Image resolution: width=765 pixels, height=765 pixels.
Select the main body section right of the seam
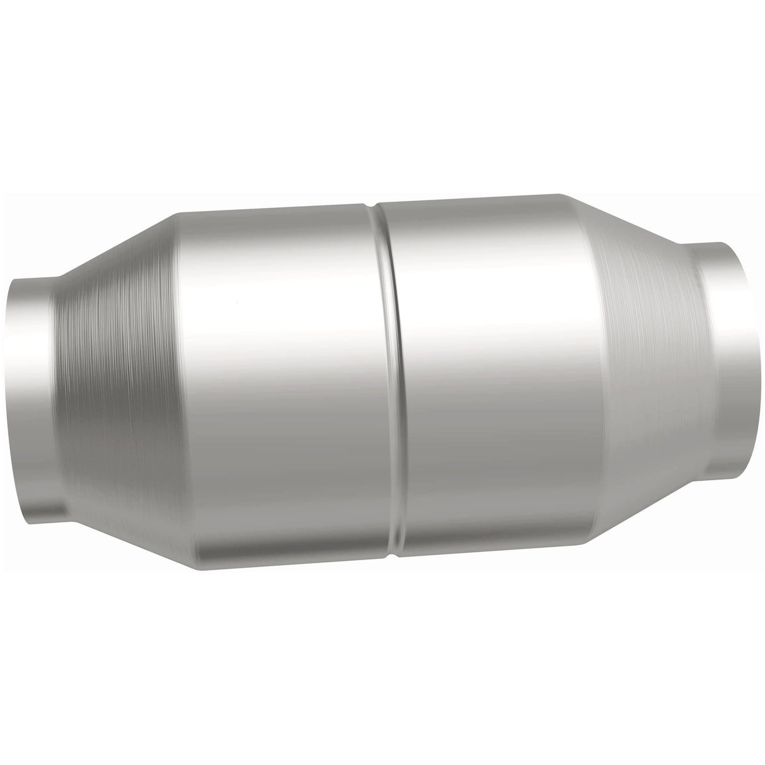492,372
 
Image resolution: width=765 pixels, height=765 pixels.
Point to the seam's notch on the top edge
374,205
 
